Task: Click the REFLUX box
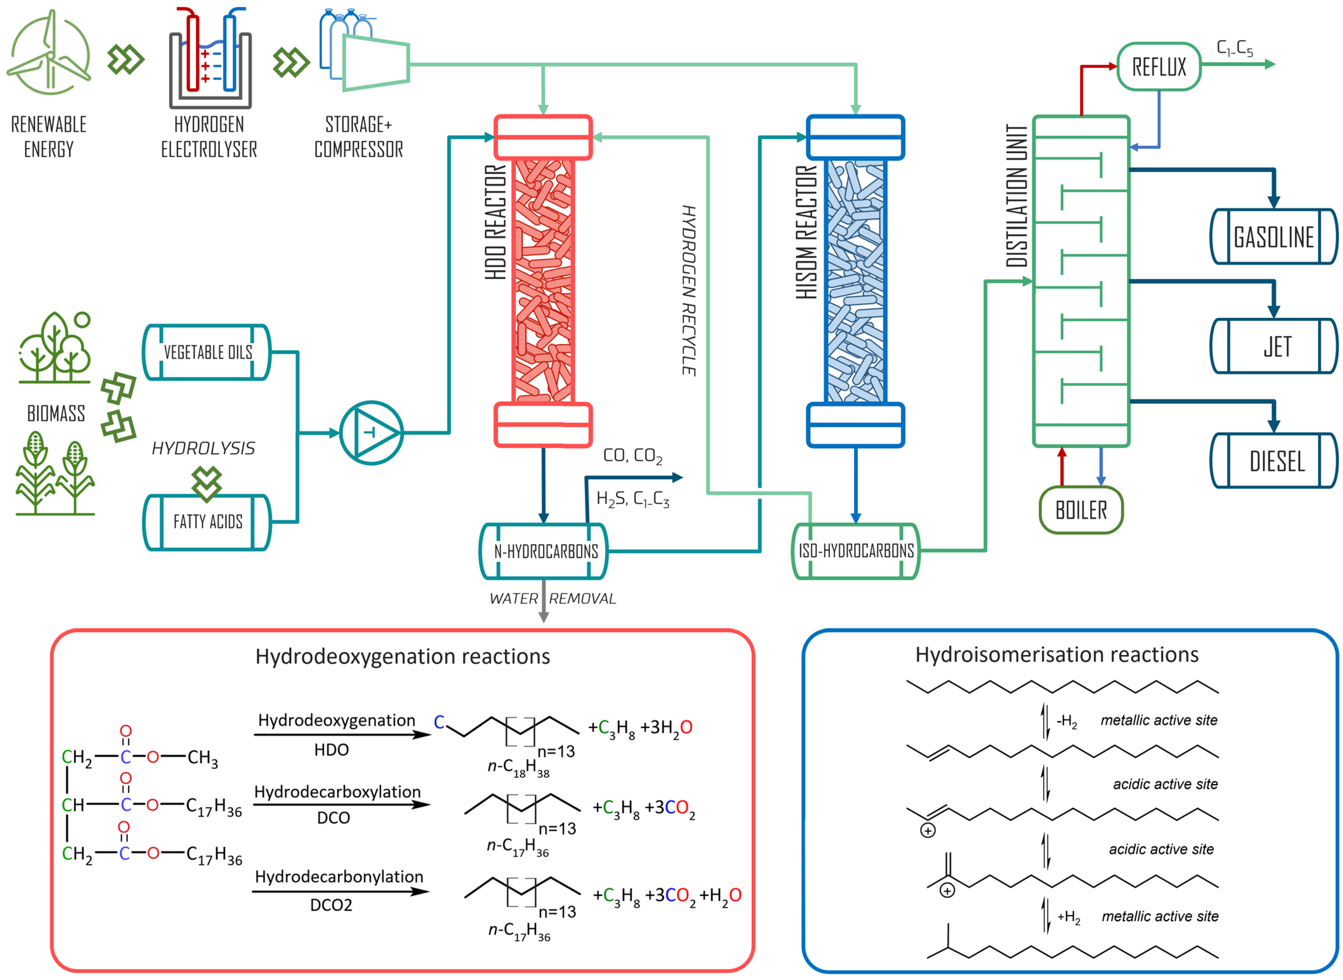tap(1158, 66)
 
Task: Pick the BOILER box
tap(1080, 510)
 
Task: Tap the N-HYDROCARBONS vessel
tap(544, 551)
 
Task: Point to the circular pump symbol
tap(372, 433)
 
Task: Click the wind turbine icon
tap(49, 53)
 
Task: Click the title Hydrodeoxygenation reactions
tap(402, 656)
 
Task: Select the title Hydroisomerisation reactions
tap(1056, 654)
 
